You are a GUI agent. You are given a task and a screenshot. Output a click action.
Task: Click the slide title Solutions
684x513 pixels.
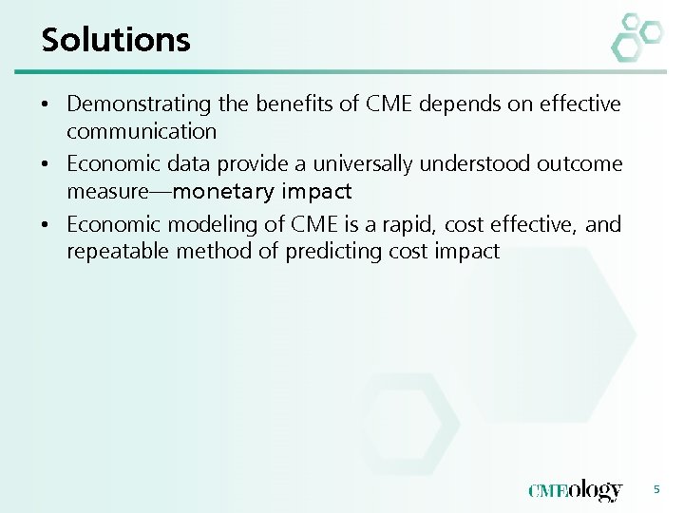pos(116,40)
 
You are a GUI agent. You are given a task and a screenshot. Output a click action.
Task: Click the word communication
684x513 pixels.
pos(142,131)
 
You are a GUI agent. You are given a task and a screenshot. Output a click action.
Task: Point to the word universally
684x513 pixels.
pos(332,163)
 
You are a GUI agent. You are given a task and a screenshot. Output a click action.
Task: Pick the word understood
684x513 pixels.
pos(437,163)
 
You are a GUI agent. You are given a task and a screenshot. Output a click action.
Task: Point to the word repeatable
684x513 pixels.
pos(114,252)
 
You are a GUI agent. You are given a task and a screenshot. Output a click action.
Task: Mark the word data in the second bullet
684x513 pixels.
pos(176,163)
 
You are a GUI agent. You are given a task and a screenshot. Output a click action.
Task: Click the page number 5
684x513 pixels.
pos(655,489)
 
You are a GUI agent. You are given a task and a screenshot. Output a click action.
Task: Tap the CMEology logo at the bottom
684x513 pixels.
pos(575,490)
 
